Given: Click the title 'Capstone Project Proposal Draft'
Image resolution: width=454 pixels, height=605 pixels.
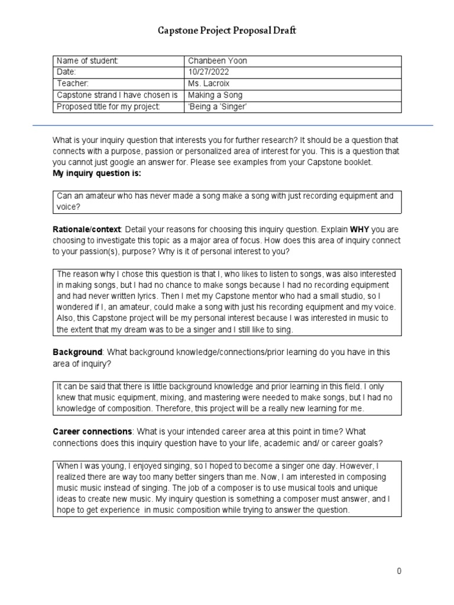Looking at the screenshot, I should coord(226,30).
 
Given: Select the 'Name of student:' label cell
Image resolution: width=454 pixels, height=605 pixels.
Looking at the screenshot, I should coord(87,61).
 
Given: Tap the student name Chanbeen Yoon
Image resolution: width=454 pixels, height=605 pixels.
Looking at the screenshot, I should coord(216,61).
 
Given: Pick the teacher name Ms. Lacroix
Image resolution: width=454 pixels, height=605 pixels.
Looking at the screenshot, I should coord(207,83).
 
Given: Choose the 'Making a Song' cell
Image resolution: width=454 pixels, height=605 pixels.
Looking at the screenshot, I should coord(215,95).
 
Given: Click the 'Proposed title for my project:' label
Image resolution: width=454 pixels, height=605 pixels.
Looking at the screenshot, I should coord(108,106).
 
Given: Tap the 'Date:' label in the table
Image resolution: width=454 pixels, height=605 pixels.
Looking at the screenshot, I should coord(66,72).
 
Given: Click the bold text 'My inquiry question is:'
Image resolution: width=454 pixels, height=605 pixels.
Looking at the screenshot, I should coord(97,174).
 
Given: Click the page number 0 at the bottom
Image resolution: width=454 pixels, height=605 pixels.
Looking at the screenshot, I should coord(399,571).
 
